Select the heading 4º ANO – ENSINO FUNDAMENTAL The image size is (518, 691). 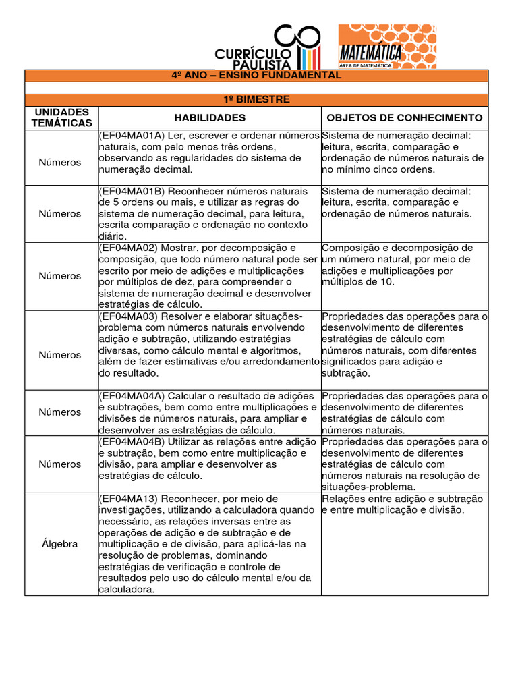click(262, 75)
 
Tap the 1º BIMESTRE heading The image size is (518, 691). click(262, 99)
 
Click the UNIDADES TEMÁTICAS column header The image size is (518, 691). click(61, 117)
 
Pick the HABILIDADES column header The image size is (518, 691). click(208, 117)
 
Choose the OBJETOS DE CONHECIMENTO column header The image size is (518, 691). click(404, 117)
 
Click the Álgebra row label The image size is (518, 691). click(59, 544)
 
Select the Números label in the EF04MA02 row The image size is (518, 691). click(59, 276)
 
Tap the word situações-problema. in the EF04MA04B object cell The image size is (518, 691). click(368, 487)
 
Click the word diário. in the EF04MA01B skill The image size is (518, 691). click(112, 236)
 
